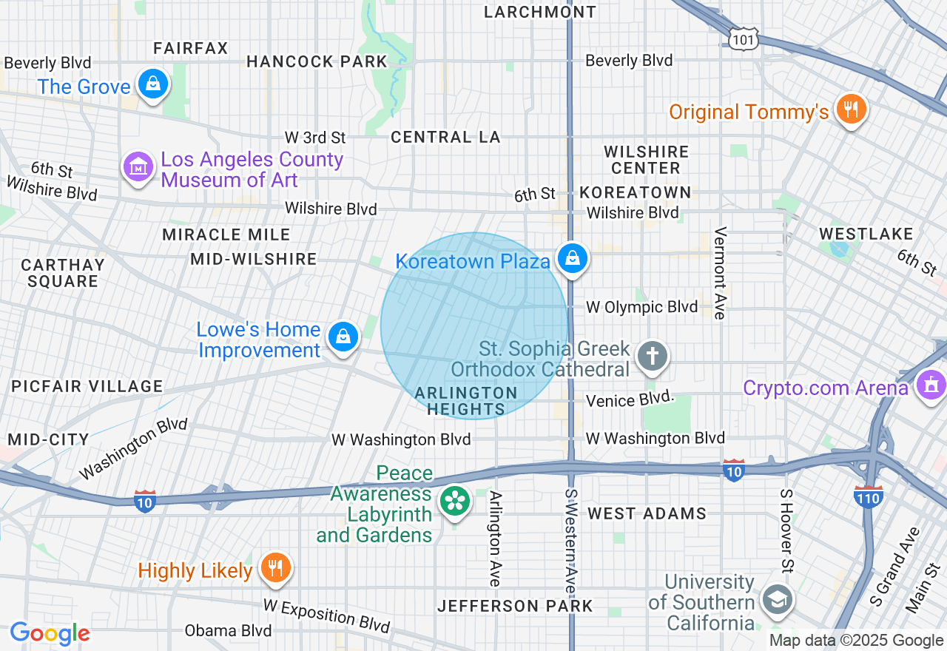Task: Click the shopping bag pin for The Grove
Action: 152,84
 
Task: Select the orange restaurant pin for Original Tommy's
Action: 851,109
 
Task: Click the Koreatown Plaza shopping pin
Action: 573,259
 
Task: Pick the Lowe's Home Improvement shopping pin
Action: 343,337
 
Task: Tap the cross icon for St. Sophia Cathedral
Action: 653,356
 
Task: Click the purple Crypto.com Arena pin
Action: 930,385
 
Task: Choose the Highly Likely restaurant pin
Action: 276,568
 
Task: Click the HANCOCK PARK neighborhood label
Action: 317,62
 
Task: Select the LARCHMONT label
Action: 539,12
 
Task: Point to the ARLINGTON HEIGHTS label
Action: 465,400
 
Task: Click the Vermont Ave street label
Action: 719,273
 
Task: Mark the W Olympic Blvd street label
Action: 641,307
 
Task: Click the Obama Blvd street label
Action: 228,631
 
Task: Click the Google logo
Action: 50,634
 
